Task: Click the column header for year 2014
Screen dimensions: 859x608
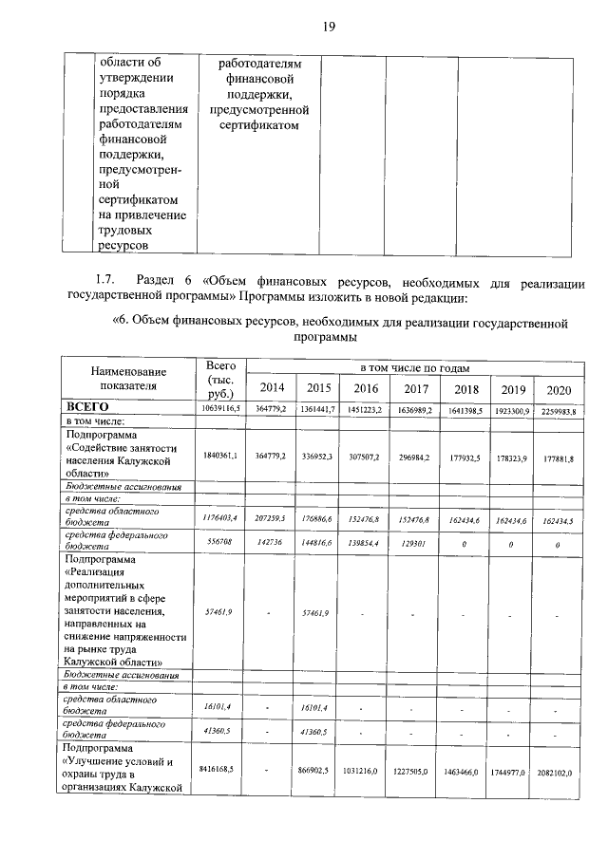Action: coord(269,388)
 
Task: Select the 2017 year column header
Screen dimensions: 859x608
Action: coord(416,388)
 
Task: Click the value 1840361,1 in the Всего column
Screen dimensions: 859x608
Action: coord(220,457)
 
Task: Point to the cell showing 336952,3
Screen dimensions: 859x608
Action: coord(317,457)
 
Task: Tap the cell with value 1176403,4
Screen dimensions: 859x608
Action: coord(220,518)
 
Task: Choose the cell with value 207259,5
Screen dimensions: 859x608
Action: coord(269,518)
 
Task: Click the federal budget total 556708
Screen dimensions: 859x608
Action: coord(220,543)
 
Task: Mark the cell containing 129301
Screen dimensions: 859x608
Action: coord(416,543)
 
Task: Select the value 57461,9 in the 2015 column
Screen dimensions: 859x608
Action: coord(317,614)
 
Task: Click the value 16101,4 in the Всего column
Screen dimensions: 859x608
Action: coord(220,708)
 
